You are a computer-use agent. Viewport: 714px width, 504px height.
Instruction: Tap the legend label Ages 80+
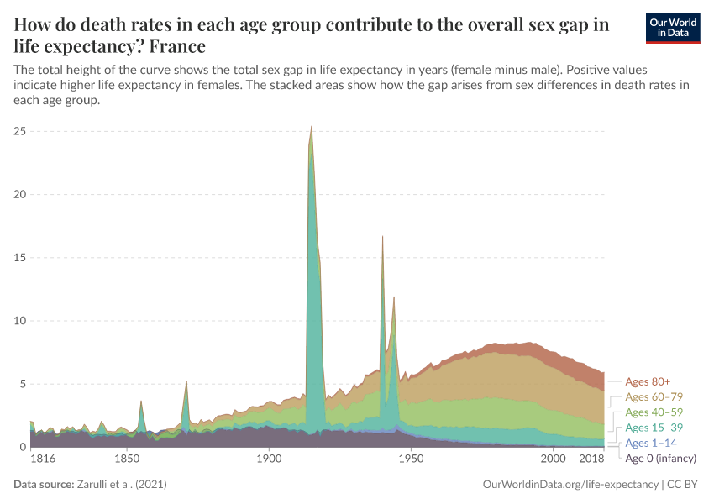(x=648, y=381)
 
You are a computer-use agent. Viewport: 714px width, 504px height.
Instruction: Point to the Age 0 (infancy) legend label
(x=661, y=458)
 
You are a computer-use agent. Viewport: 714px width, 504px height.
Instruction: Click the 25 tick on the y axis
(x=21, y=131)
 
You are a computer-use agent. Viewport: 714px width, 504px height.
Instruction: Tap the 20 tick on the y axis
(x=21, y=194)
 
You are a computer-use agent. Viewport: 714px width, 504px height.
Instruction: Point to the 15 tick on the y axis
(x=21, y=257)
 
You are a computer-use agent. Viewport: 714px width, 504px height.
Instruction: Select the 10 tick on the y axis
(x=21, y=321)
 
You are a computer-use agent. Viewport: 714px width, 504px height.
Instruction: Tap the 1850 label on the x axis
(x=127, y=459)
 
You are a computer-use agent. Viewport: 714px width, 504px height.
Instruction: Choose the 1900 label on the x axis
(x=269, y=459)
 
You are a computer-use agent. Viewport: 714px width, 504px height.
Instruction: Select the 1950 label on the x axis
(x=411, y=459)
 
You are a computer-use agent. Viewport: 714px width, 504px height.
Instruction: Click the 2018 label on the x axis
(x=592, y=459)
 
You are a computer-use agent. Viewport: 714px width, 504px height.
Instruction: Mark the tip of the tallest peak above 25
(x=312, y=126)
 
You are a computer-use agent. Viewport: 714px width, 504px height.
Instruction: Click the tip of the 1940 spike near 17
(x=382, y=236)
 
